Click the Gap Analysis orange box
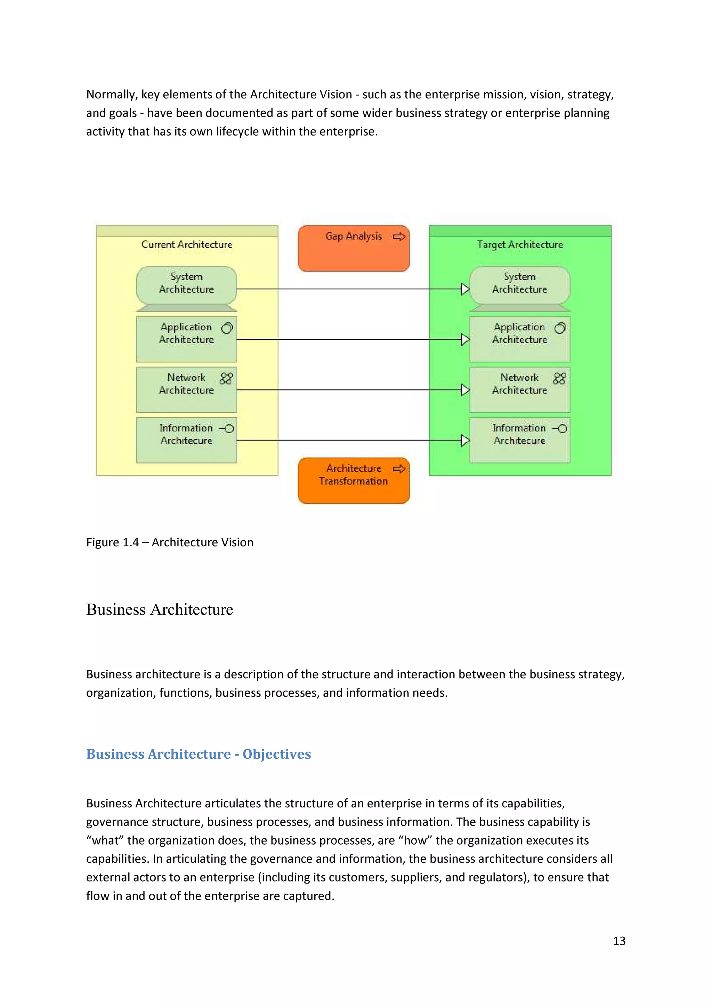(353, 249)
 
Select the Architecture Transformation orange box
(353, 481)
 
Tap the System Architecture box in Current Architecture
(186, 285)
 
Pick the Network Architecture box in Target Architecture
(519, 389)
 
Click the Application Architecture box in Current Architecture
(186, 339)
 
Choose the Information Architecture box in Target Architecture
(519, 440)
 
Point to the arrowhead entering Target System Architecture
(465, 289)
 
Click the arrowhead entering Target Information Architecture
(465, 440)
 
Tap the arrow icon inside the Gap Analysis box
(398, 237)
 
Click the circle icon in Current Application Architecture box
(227, 328)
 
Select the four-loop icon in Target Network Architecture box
(559, 379)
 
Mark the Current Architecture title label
(187, 245)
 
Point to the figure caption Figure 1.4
(170, 542)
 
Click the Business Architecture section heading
(160, 610)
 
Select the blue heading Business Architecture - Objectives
(198, 754)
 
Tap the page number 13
(618, 941)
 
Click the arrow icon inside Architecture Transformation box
(398, 469)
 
